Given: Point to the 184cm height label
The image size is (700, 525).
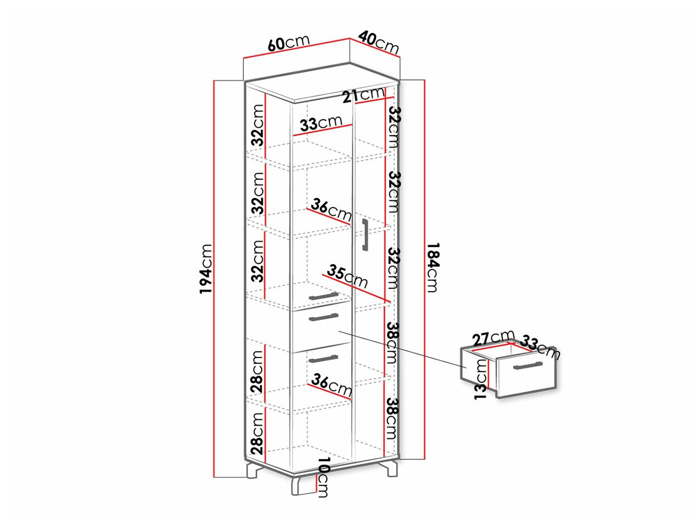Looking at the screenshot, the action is click(x=433, y=267).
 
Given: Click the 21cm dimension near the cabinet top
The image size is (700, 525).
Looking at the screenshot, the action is click(x=364, y=95).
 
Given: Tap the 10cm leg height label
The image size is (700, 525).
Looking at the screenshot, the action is click(x=323, y=477).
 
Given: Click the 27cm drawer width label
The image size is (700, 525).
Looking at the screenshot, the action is click(x=494, y=338).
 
